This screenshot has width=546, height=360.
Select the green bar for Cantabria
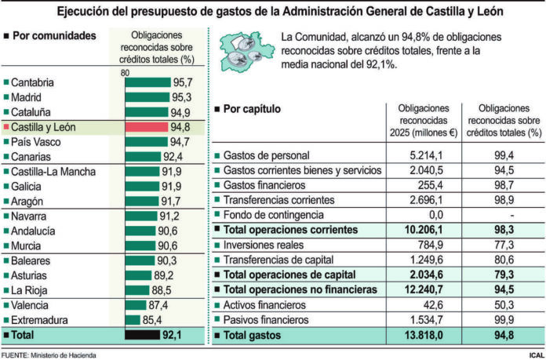(x=147, y=82)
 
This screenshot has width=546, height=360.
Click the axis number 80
(x=125, y=73)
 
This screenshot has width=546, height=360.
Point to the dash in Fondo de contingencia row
(x=511, y=215)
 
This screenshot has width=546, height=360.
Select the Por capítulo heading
(x=251, y=110)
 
